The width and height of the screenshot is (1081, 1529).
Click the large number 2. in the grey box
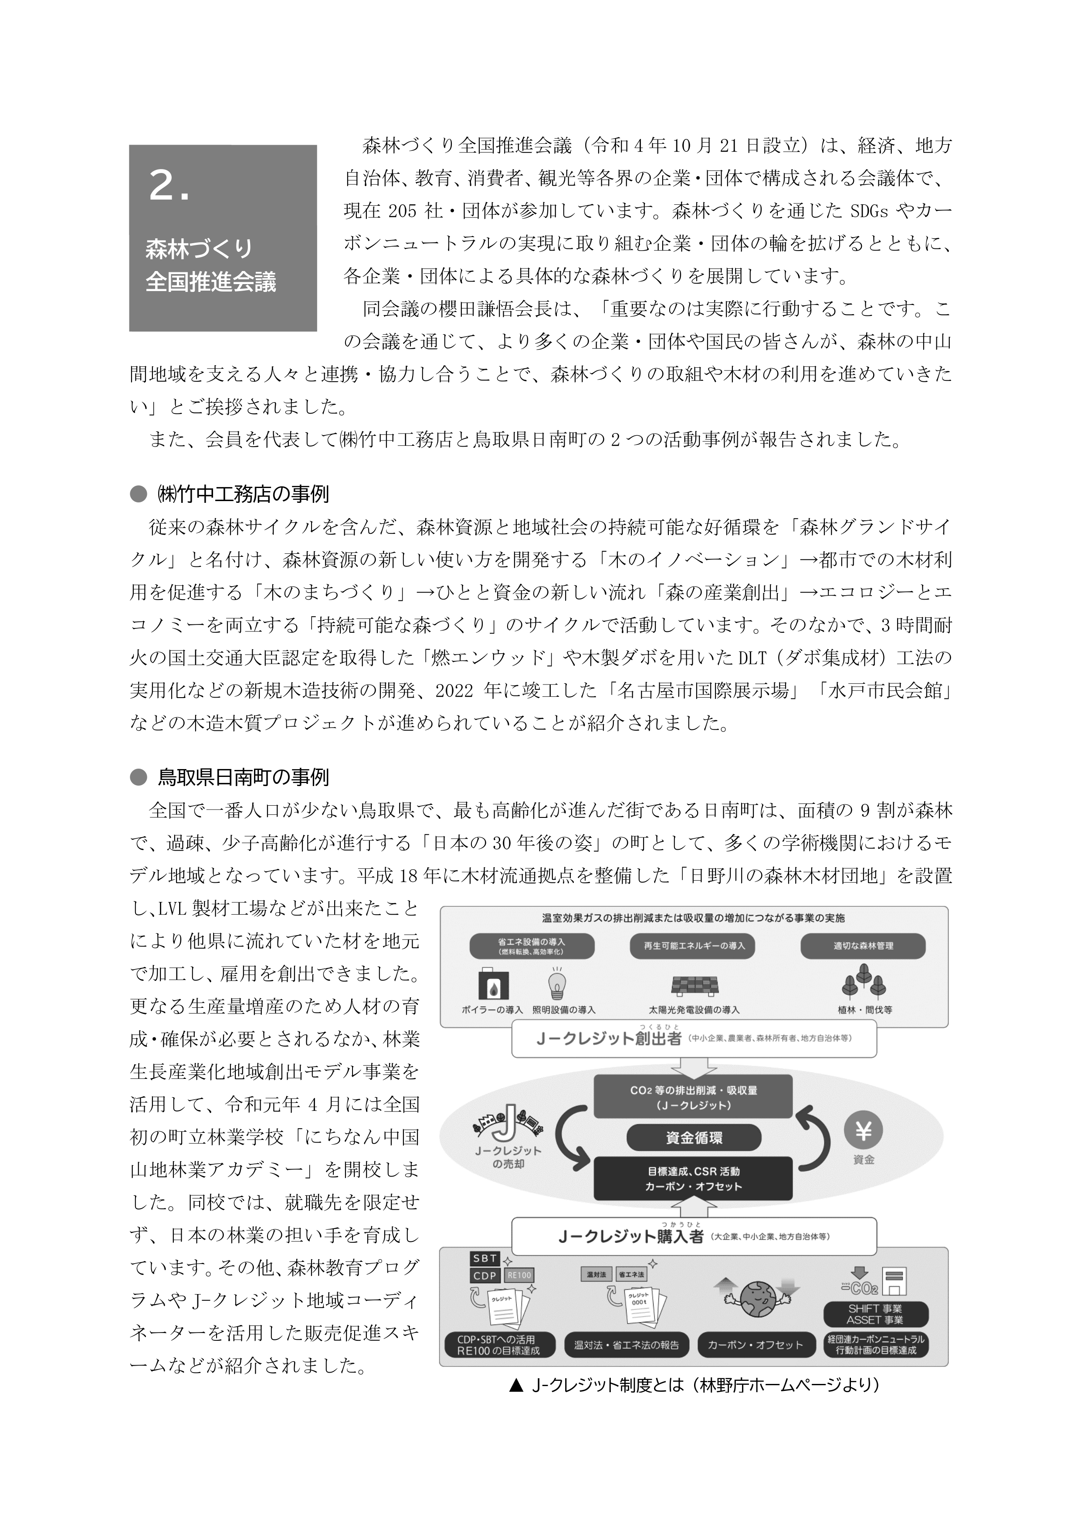point(169,186)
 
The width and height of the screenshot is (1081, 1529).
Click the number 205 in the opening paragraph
point(402,211)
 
